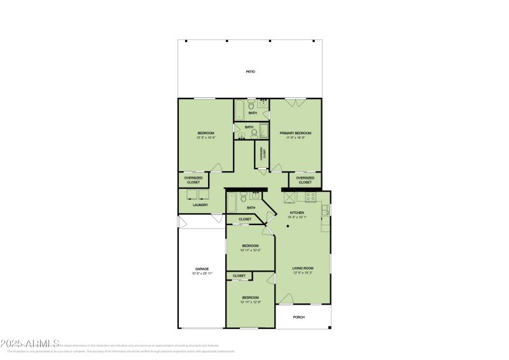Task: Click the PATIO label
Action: (251, 72)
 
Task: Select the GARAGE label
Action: (202, 269)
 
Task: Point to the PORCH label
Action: (298, 317)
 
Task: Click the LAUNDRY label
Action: (200, 205)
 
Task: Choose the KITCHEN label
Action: (297, 212)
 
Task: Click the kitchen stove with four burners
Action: (310, 197)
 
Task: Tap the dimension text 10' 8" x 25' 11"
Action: (202, 273)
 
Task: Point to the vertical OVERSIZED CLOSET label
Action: (261, 153)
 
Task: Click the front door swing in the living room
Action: (286, 298)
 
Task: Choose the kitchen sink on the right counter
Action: (326, 209)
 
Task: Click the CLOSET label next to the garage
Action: (239, 275)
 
